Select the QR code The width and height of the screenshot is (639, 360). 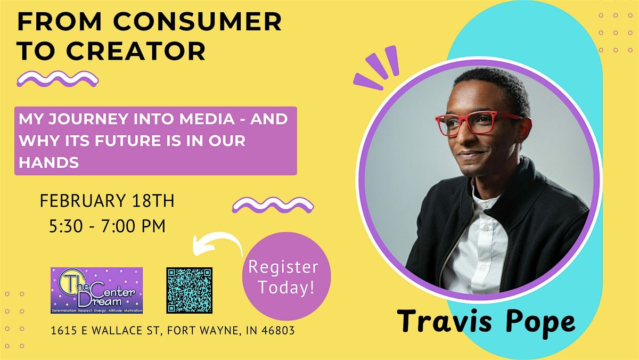pos(189,290)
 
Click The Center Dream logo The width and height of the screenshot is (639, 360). pos(96,290)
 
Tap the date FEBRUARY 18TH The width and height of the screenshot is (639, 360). pos(107,202)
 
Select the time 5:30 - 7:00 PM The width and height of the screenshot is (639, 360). pos(106,225)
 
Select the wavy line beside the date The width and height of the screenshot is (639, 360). pos(273,204)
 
